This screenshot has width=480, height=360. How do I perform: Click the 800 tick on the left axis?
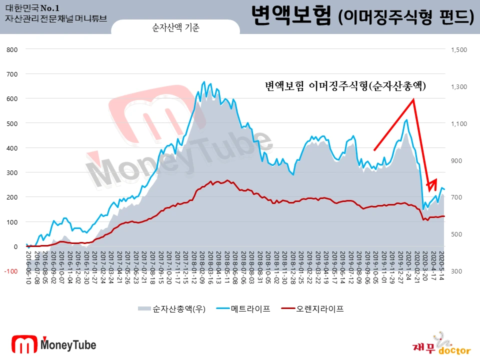[11, 49]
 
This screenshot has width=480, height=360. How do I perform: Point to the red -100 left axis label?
[10, 271]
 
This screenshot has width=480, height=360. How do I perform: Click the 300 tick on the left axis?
[11, 172]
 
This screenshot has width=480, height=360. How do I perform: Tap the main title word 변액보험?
[291, 16]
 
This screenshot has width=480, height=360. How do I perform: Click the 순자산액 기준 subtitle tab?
[175, 28]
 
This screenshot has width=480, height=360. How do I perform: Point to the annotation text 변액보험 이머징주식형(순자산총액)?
[345, 86]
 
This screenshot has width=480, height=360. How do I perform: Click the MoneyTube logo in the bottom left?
[54, 344]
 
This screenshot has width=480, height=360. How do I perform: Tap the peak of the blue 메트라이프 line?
[204, 81]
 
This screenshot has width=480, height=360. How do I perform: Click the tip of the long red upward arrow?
[413, 99]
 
